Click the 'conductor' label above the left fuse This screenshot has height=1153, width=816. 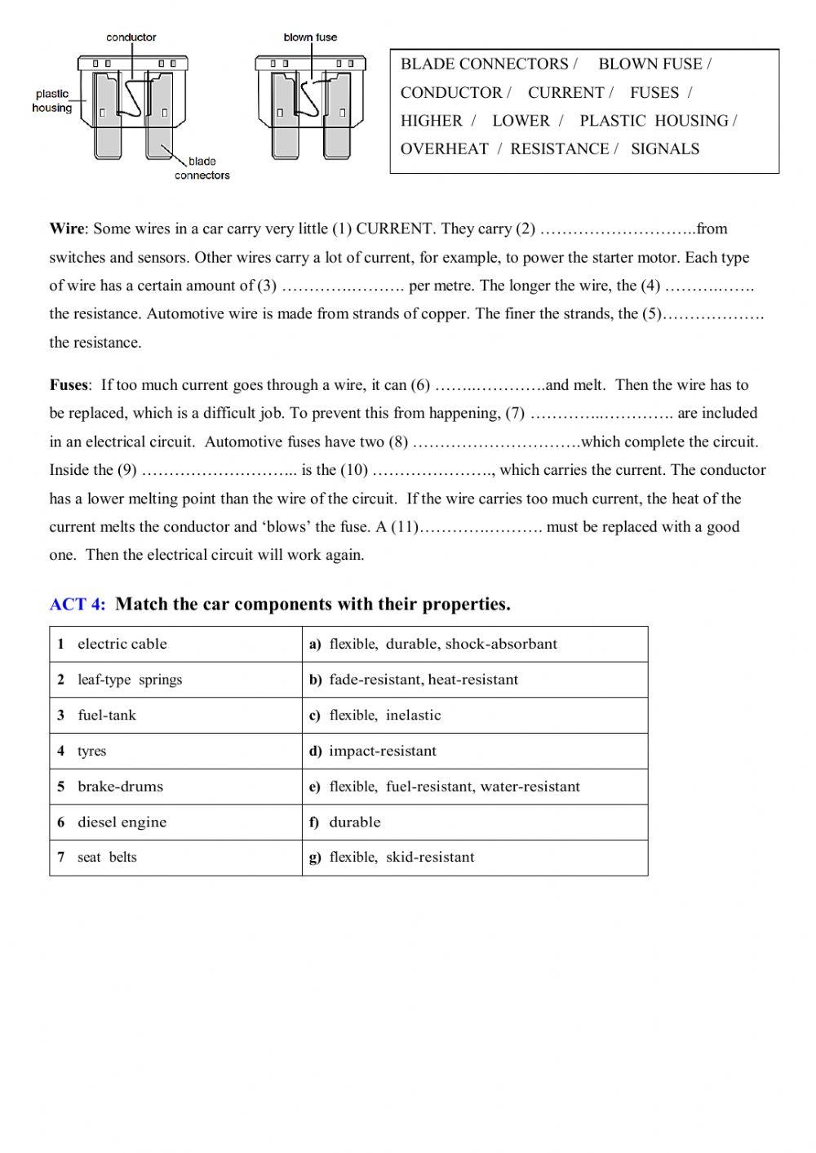[131, 38]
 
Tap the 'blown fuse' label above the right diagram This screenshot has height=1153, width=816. [310, 38]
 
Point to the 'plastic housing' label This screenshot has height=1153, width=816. [52, 101]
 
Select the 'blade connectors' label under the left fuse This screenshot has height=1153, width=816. [202, 168]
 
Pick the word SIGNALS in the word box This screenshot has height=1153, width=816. [665, 149]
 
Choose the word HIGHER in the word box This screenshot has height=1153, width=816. [431, 121]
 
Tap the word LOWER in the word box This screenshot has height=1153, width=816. [521, 121]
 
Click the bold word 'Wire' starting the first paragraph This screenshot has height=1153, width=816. [67, 229]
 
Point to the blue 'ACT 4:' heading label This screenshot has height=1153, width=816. [78, 605]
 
